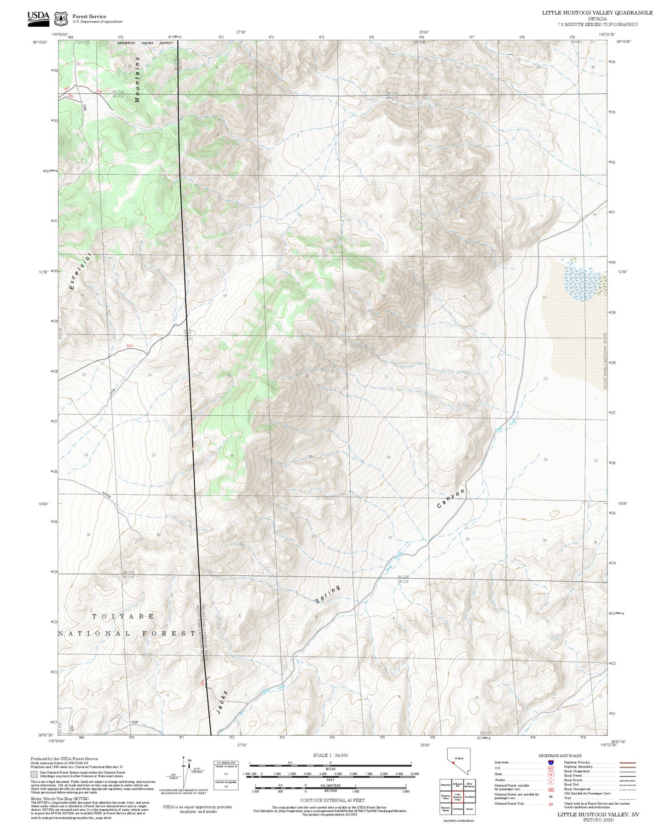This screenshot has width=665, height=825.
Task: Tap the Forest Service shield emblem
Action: click(61, 19)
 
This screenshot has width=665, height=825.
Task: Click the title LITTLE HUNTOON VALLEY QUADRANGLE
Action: click(597, 12)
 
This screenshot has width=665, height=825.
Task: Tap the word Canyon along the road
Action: click(451, 498)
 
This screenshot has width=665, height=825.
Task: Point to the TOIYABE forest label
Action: click(123, 616)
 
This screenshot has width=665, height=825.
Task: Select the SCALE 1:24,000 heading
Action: click(330, 755)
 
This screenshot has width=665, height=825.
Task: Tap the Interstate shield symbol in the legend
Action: click(550, 762)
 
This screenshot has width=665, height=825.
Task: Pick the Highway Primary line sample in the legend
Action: click(627, 762)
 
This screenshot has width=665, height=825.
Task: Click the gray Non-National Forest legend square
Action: click(34, 774)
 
